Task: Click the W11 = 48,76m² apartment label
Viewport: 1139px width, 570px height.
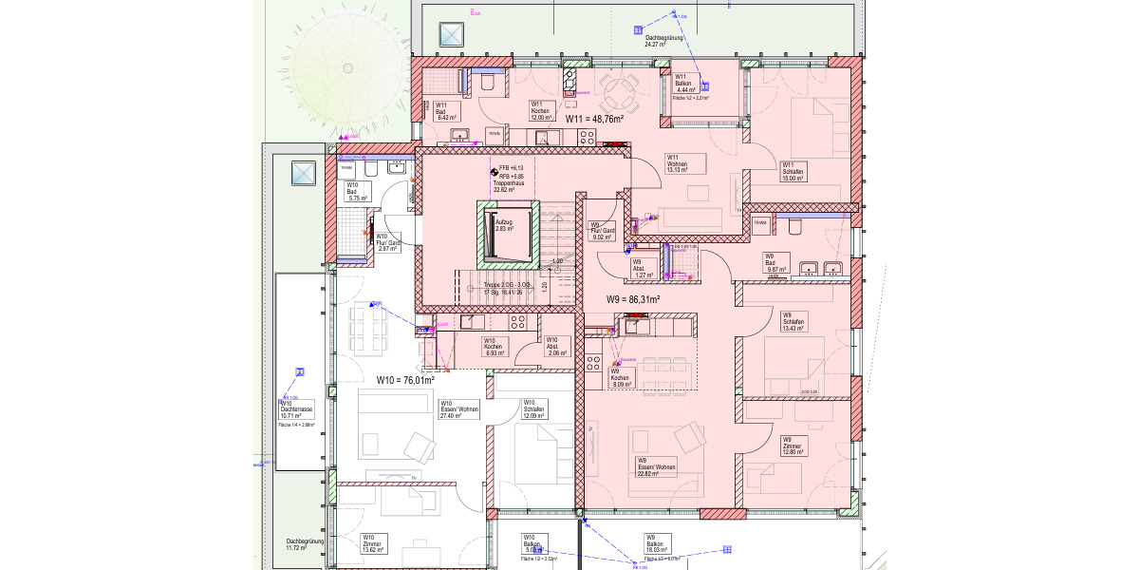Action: (x=594, y=119)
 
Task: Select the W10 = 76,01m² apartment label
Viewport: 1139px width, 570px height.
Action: (x=405, y=380)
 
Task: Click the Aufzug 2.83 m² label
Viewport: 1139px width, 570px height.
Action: (x=503, y=224)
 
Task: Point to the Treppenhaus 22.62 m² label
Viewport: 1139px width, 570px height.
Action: (x=510, y=183)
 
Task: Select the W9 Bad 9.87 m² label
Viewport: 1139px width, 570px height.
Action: (x=777, y=263)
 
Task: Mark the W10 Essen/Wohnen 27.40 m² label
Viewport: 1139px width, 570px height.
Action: (x=458, y=408)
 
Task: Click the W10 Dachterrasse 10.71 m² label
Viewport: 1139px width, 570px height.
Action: (x=296, y=409)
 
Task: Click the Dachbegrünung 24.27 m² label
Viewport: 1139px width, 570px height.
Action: (x=657, y=41)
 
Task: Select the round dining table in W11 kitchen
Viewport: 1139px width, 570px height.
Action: (x=620, y=93)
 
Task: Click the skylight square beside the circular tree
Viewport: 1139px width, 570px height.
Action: (x=451, y=36)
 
